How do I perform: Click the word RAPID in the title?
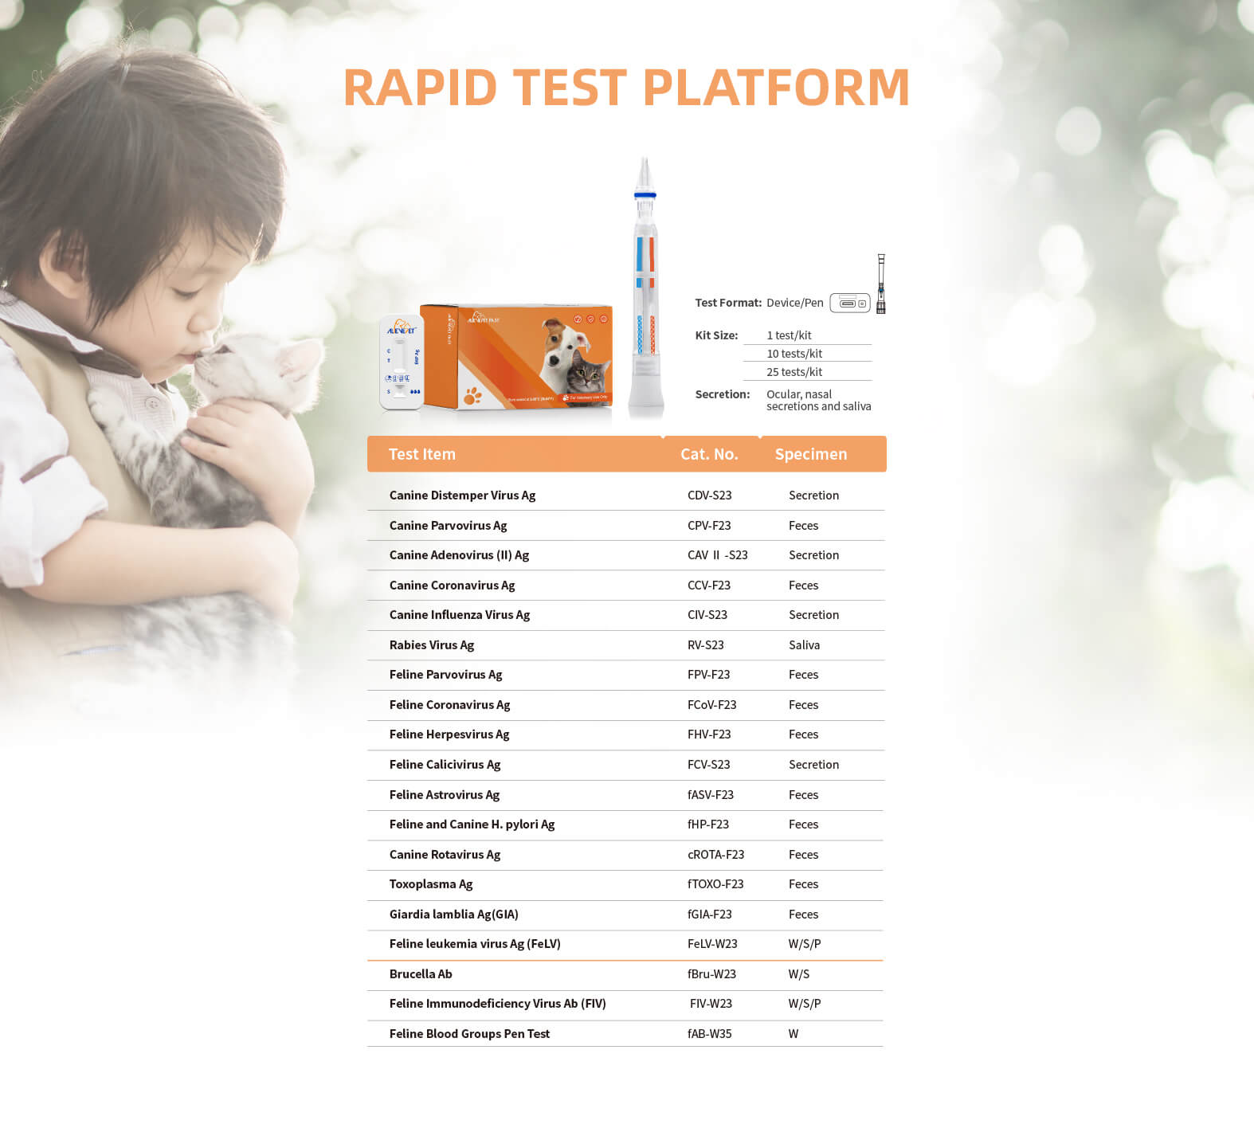420,87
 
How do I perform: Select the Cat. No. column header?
709,454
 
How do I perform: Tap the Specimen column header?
811,454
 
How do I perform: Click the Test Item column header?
422,454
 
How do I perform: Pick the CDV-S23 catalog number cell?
710,495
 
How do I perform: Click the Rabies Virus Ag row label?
432,645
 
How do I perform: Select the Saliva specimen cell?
804,645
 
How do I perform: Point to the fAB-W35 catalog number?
710,1034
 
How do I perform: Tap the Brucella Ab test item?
421,974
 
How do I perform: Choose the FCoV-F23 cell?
712,705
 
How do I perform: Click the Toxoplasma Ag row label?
431,884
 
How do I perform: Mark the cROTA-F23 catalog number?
716,855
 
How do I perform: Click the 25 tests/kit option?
794,372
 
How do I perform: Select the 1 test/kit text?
789,335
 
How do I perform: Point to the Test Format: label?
728,303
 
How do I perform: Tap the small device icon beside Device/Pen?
850,303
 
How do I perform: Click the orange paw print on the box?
473,395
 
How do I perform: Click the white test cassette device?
402,362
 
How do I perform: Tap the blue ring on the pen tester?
645,195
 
